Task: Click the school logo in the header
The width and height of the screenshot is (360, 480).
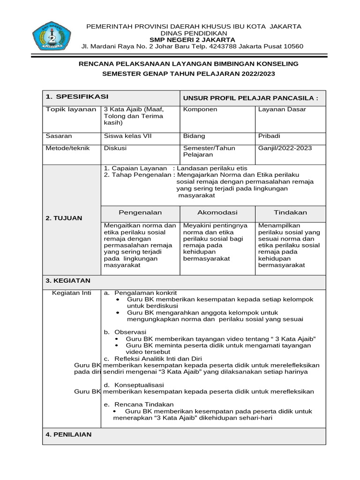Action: [51, 36]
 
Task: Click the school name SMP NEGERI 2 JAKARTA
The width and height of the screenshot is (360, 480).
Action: [193, 40]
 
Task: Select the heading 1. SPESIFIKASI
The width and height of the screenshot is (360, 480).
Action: [77, 97]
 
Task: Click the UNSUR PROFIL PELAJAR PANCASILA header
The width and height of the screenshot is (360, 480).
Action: [250, 98]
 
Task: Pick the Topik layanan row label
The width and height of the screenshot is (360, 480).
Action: [71, 109]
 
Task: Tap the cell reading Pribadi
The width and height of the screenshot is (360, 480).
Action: [270, 136]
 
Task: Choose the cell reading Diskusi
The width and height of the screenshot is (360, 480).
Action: [115, 148]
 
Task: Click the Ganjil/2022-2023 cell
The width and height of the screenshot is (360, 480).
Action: [285, 148]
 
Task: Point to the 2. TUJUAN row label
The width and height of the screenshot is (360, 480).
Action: [64, 218]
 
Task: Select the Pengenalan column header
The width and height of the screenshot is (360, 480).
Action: [140, 212]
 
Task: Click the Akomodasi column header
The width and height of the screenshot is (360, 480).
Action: [217, 212]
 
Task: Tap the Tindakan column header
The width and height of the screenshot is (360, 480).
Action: [291, 212]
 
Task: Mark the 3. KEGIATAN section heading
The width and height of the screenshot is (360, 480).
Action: [68, 281]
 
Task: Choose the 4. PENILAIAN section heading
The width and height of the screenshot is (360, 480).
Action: [68, 435]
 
